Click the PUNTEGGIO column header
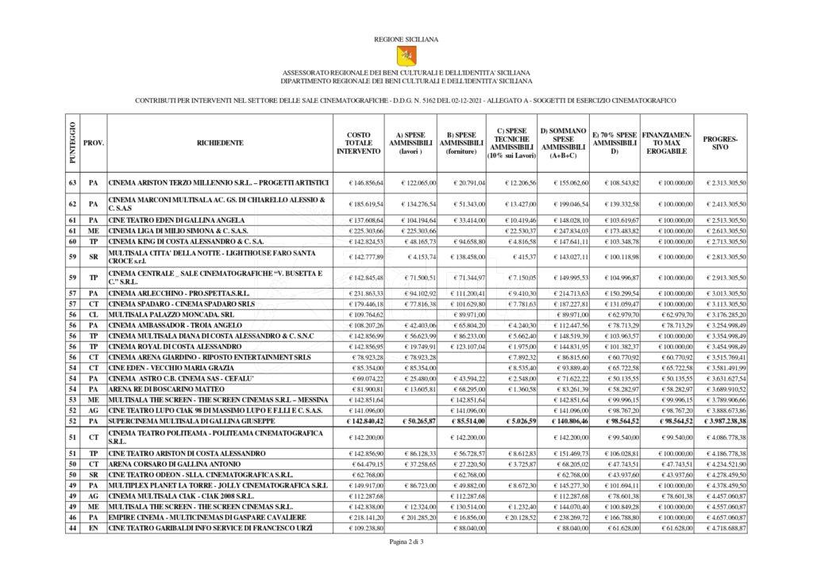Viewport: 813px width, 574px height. click(x=72, y=143)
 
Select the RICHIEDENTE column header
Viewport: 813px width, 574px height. click(x=220, y=143)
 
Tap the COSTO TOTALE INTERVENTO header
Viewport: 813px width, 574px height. click(x=358, y=143)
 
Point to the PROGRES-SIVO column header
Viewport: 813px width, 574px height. click(x=720, y=143)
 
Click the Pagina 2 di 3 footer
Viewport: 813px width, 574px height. click(x=406, y=542)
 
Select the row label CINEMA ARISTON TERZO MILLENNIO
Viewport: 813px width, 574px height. click(x=218, y=183)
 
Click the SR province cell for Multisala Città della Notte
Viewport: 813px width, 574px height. click(x=93, y=257)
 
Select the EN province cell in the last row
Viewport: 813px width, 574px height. click(x=93, y=528)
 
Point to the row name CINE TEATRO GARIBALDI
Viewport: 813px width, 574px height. click(x=206, y=528)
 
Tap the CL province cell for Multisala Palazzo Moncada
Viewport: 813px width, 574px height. click(x=93, y=314)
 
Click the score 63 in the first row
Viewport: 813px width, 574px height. click(x=72, y=183)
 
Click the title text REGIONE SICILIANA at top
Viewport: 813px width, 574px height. click(x=406, y=38)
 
